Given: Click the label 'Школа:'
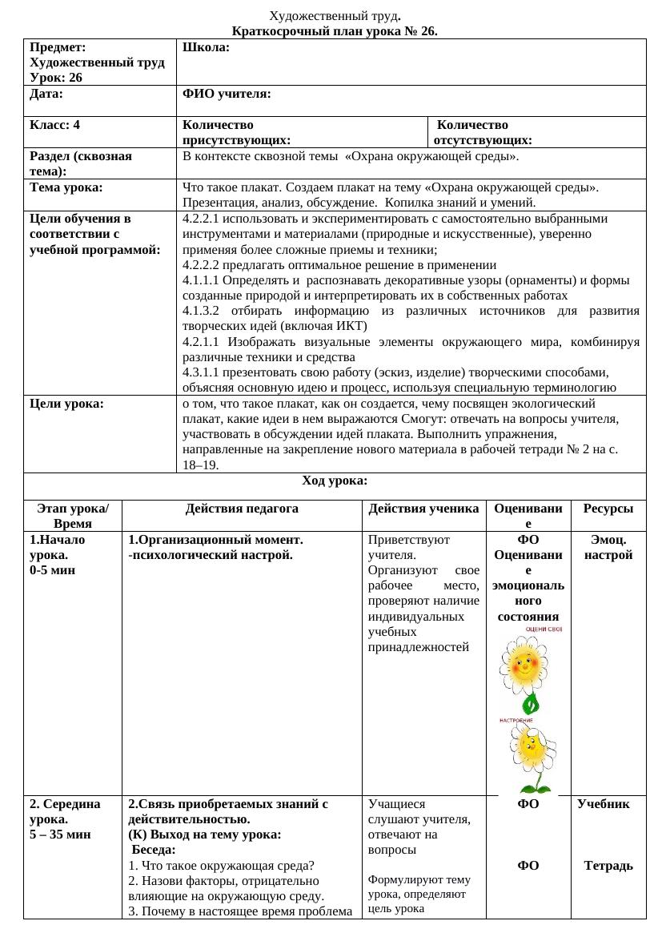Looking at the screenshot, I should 207,48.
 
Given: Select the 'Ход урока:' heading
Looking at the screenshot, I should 335,481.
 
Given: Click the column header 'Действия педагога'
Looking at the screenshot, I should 242,509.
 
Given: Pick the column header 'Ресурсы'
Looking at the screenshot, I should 608,509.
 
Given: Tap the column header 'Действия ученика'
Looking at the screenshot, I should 423,509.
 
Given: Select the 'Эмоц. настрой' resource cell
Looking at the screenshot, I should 608,547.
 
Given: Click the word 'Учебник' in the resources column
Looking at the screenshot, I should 608,802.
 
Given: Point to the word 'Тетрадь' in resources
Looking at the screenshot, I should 608,865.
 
